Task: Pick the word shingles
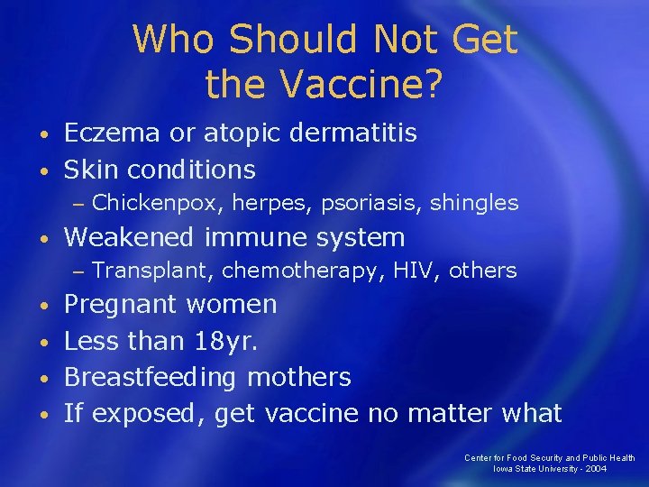474,203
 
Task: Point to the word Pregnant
120,305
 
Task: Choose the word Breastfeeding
151,377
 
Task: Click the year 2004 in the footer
594,469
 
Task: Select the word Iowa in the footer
503,469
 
